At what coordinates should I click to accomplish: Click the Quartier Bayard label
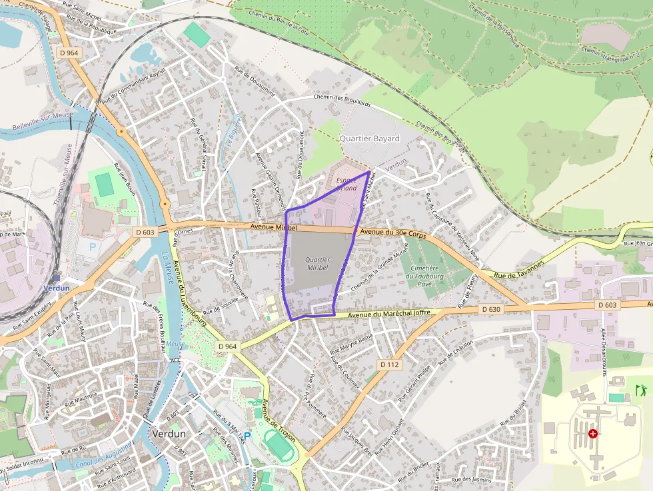click(369, 139)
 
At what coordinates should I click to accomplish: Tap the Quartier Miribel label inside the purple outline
click(317, 262)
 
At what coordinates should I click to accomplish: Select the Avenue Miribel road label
click(273, 227)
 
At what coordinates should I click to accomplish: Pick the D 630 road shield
click(490, 309)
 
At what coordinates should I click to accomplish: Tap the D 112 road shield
click(389, 364)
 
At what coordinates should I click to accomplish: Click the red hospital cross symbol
click(593, 433)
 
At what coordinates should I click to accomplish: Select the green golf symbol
click(641, 390)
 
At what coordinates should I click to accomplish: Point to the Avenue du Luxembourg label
click(189, 292)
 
